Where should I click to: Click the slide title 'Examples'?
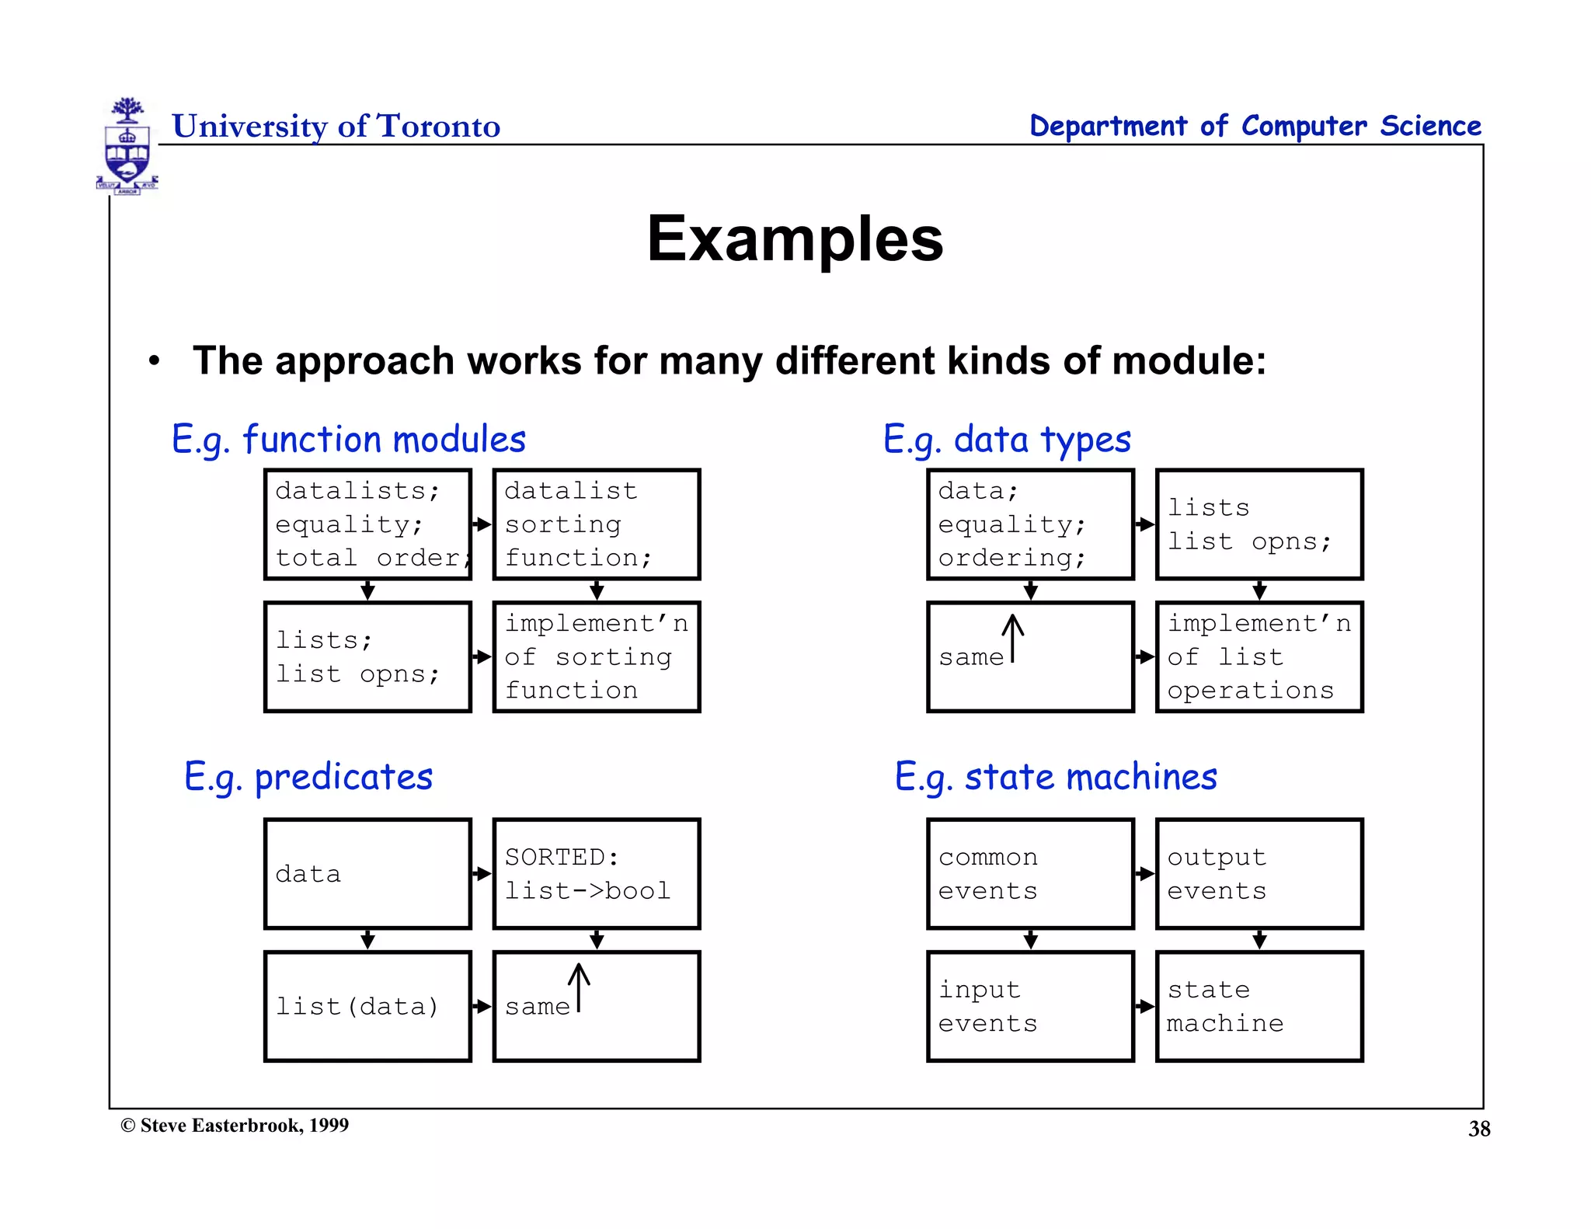coord(795,239)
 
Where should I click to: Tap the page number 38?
coord(1478,1129)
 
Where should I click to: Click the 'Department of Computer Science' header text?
coord(1255,126)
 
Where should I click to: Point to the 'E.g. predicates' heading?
coord(308,777)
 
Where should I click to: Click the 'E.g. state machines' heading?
coord(1056,777)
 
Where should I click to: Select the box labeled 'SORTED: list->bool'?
coord(597,874)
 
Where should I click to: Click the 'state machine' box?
coord(1259,1007)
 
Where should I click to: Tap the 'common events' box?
coord(1030,874)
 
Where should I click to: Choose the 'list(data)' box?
coord(367,1007)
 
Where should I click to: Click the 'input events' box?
coord(1030,1007)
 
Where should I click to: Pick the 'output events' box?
coord(1259,874)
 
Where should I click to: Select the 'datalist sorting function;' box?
coord(597,524)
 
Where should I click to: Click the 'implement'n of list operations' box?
coord(1259,657)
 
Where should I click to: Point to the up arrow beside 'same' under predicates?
coord(579,987)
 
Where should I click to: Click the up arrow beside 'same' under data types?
coord(1012,638)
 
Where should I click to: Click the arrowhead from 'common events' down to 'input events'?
coord(1031,941)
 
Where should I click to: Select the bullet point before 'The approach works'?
coord(155,361)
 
